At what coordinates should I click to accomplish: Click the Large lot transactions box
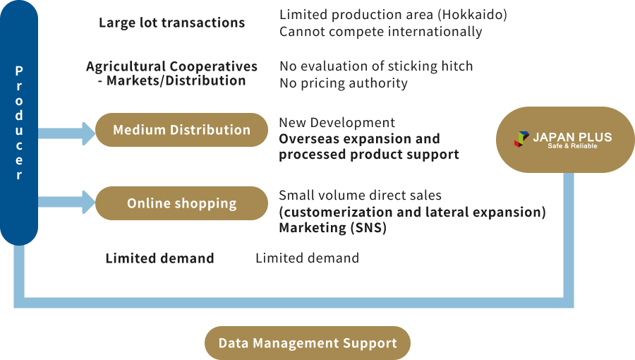[171, 23]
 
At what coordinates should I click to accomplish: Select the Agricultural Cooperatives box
[171, 73]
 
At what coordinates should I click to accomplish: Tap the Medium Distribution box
[181, 130]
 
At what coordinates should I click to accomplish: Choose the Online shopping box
[181, 203]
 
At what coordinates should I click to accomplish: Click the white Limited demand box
[159, 258]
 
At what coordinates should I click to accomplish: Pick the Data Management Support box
[308, 344]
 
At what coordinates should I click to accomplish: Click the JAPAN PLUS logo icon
[521, 138]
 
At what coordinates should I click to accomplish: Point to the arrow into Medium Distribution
[67, 133]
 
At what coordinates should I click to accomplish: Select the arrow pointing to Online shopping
[67, 201]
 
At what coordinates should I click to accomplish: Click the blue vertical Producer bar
[19, 123]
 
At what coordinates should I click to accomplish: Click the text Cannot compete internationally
[380, 32]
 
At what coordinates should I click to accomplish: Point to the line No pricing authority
[343, 83]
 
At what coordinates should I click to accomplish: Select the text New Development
[337, 123]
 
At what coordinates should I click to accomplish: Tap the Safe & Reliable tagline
[572, 146]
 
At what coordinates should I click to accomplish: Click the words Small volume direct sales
[360, 196]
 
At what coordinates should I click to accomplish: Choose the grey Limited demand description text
[307, 258]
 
